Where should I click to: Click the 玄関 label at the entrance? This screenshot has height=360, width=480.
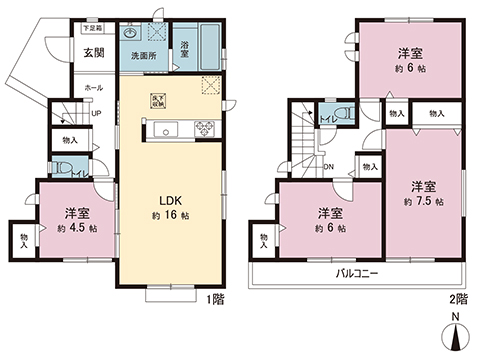(93, 52)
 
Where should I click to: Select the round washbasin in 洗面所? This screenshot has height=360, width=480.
(130, 32)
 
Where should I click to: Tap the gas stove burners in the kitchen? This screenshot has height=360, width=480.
(205, 127)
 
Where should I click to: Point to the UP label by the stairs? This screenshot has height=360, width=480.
(95, 112)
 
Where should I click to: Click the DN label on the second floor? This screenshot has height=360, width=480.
(331, 167)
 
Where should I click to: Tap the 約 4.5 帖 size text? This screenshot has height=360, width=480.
(79, 228)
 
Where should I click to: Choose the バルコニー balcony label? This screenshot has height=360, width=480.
(356, 272)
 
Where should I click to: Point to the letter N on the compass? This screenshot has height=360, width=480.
(456, 320)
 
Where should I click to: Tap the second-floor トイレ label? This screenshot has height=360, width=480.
(327, 121)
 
